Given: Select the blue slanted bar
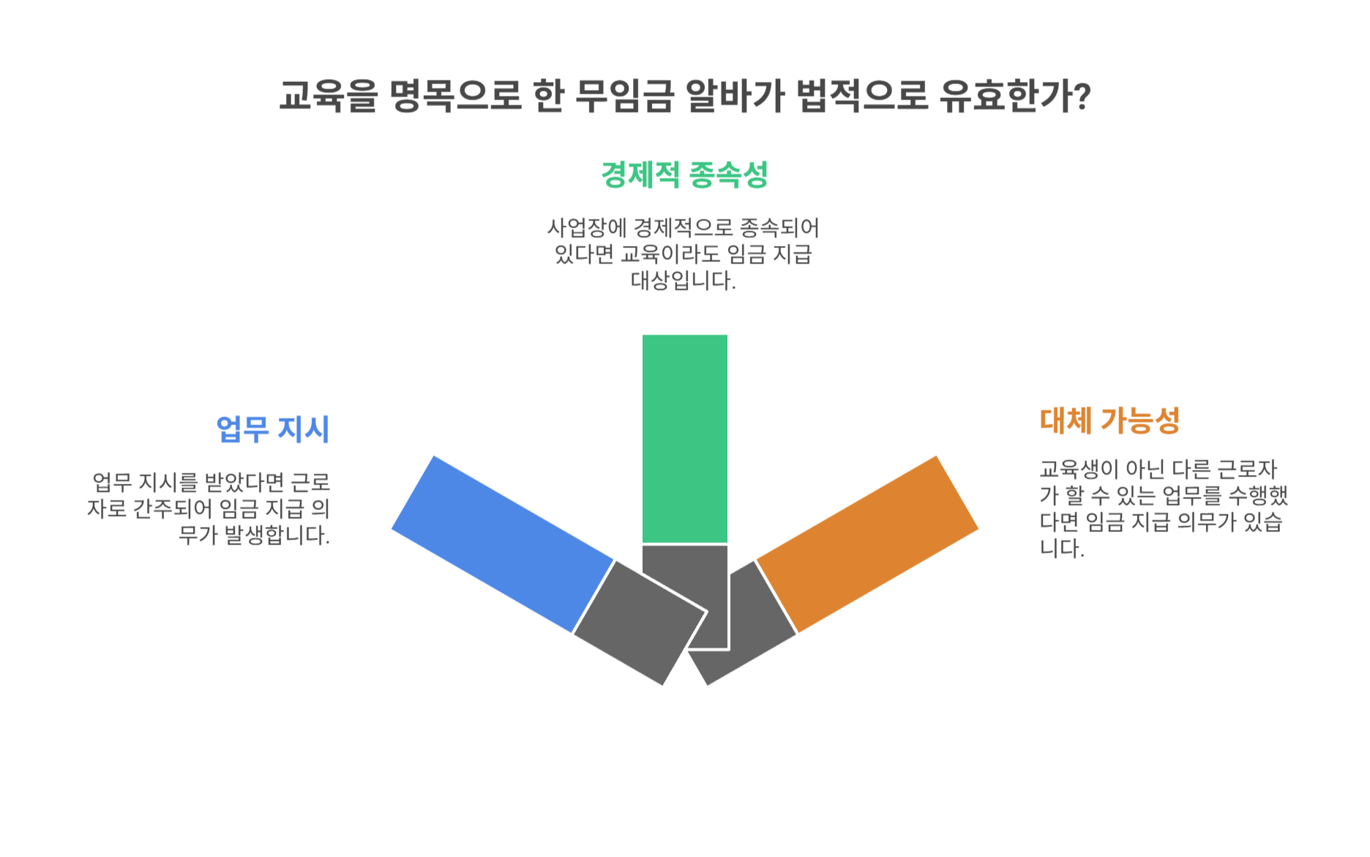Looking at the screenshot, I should pyautogui.click(x=503, y=544).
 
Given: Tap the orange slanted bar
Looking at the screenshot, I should pyautogui.click(x=867, y=544).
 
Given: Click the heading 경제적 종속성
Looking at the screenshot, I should pyautogui.click(x=684, y=175).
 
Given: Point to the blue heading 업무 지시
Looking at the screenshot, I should pyautogui.click(x=272, y=430).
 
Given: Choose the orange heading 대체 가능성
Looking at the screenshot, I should pyautogui.click(x=1109, y=421).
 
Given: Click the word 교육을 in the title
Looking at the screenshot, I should pyautogui.click(x=327, y=95).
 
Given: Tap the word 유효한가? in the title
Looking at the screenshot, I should pyautogui.click(x=1016, y=95).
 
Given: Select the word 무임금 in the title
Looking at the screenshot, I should pyautogui.click(x=624, y=95).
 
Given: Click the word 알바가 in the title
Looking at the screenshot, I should pyautogui.click(x=734, y=95).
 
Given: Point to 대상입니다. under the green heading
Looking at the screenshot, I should pyautogui.click(x=684, y=280).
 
